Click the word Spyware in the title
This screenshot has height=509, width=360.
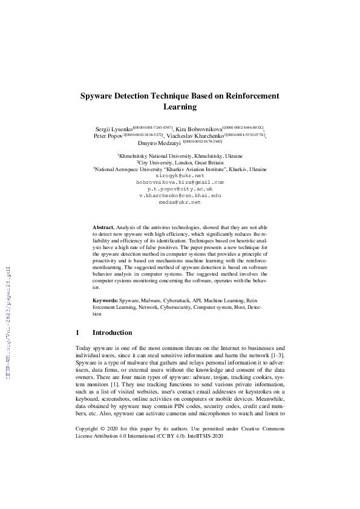(99, 96)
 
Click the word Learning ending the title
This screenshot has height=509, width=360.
(180, 107)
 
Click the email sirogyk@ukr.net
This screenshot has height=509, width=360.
(180, 175)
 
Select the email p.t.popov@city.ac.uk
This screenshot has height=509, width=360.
(180, 189)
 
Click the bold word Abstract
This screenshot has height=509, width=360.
(103, 226)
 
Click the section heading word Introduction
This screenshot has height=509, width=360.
(112, 332)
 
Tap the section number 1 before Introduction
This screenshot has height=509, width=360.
(78, 332)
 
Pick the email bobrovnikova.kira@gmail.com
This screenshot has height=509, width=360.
(180, 182)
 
